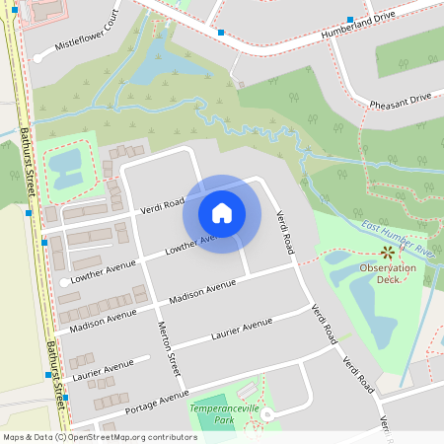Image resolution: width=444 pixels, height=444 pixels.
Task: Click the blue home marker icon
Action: coord(222,212)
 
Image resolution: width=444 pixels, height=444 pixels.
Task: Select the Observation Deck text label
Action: coord(387,273)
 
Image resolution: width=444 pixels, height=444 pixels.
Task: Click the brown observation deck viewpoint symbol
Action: coord(386,254)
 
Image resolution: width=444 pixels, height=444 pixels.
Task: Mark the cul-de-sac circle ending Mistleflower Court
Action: coord(38,58)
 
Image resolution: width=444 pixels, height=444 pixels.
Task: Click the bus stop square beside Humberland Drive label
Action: coord(351,19)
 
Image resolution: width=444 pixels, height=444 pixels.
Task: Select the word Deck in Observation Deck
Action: coord(387,279)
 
